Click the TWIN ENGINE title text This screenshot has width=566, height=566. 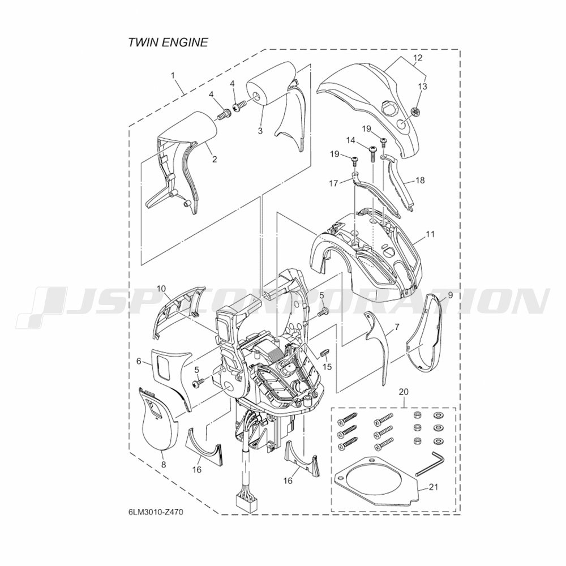[168, 42]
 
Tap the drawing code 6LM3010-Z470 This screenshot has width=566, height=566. [155, 512]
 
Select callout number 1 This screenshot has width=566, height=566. [173, 75]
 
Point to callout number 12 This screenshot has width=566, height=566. [418, 58]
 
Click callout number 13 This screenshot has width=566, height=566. [422, 87]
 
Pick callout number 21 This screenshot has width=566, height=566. [434, 487]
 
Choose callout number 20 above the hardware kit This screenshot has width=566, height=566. [404, 392]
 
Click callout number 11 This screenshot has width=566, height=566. [430, 234]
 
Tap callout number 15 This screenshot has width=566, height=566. [327, 367]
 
